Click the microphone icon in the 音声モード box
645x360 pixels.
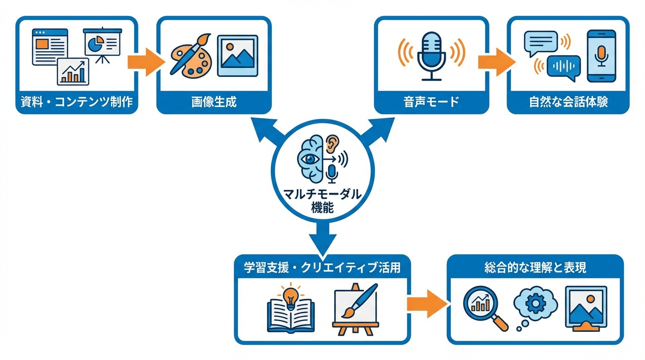click(x=432, y=55)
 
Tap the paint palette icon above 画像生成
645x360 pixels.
click(x=189, y=54)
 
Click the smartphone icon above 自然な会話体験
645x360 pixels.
click(x=601, y=54)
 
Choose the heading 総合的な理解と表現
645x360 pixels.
click(x=535, y=268)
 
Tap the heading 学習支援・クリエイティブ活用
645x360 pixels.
click(x=322, y=268)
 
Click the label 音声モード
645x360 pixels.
click(x=431, y=102)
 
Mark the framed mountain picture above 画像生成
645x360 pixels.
click(x=237, y=55)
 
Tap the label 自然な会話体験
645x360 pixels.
click(x=568, y=102)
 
